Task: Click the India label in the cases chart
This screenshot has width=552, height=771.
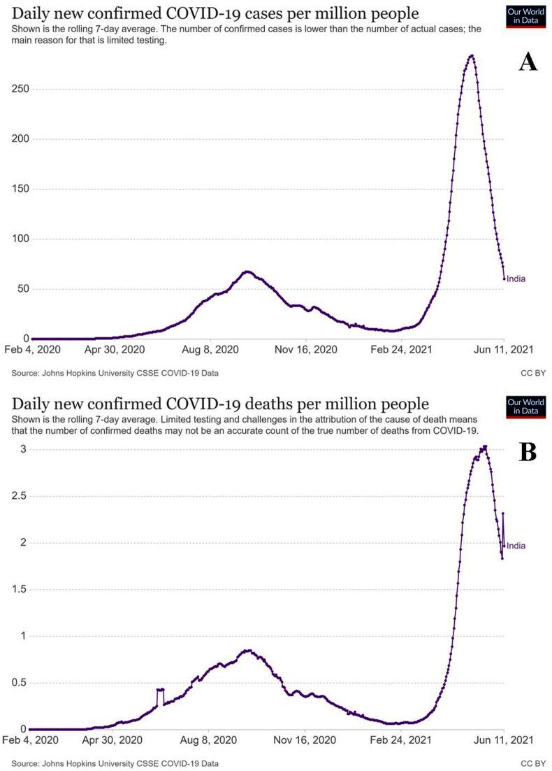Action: [516, 278]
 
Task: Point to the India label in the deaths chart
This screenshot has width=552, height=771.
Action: [516, 546]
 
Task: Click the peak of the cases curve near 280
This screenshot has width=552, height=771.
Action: [472, 56]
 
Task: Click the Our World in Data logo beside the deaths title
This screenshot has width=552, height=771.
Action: [525, 406]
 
